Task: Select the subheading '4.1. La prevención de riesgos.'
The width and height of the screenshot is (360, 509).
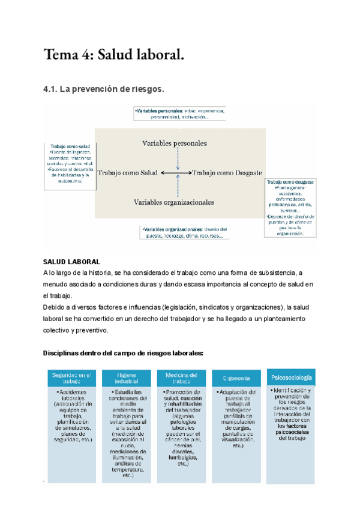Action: click(103, 89)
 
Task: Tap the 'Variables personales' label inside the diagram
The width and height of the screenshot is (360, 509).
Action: click(175, 143)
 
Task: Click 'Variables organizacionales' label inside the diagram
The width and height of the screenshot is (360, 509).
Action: click(174, 202)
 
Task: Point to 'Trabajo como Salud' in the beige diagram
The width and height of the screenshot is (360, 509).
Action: click(127, 173)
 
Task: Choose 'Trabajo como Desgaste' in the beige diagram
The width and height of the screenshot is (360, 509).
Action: click(227, 173)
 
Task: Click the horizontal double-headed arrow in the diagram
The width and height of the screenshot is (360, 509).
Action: click(176, 173)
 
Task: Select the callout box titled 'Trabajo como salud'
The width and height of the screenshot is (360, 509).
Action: click(70, 165)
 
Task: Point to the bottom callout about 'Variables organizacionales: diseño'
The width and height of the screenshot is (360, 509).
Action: click(183, 232)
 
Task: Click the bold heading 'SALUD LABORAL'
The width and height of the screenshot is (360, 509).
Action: click(71, 262)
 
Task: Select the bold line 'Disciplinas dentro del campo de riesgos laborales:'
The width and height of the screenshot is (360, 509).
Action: click(123, 353)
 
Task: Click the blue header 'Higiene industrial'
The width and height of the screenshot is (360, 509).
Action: click(127, 379)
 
